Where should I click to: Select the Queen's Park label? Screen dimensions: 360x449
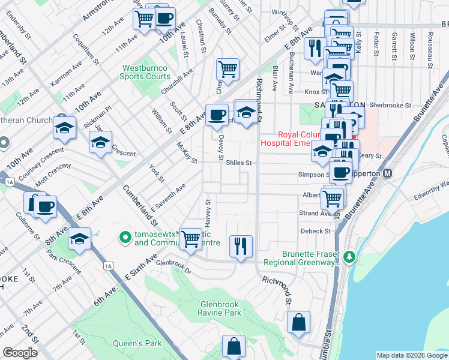point(137,344)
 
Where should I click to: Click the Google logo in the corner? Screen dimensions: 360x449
point(20,353)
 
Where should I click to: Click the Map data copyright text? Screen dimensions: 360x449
point(412,355)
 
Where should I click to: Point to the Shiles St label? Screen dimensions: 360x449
point(238,162)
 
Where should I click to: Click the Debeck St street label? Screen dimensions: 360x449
point(315,231)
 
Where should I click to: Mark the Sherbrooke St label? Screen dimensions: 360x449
point(391,104)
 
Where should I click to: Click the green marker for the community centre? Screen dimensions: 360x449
point(125,238)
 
